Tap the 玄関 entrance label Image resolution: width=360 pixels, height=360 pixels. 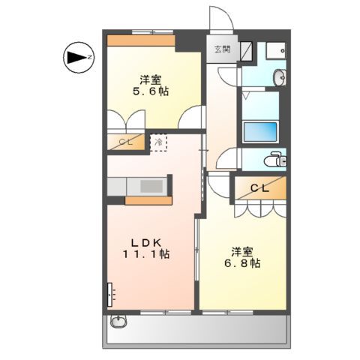pyautogui.click(x=222, y=50)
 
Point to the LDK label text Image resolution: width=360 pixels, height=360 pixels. pyautogui.click(x=147, y=241)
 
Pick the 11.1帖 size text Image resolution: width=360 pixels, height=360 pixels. pyautogui.click(x=147, y=255)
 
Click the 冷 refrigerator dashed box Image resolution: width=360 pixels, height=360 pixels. pyautogui.click(x=158, y=142)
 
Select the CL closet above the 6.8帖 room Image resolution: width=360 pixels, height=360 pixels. pyautogui.click(x=259, y=189)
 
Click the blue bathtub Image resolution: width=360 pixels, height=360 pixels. pyautogui.click(x=260, y=130)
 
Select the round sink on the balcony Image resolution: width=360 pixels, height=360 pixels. pyautogui.click(x=118, y=322)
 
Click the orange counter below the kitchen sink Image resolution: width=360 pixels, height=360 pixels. pyautogui.click(x=147, y=200)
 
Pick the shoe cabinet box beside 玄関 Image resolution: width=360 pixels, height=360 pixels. pyautogui.click(x=248, y=49)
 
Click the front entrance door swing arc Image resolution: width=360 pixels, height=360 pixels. pyautogui.click(x=220, y=17)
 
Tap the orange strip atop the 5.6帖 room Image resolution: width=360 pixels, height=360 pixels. pyautogui.click(x=141, y=40)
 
